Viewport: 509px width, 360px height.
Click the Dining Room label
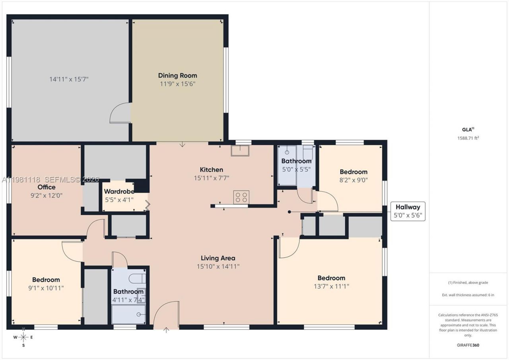[x=177, y=76]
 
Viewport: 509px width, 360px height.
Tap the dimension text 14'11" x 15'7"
[x=69, y=79]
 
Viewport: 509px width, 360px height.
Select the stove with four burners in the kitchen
[x=241, y=197]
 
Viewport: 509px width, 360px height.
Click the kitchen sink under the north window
[x=240, y=151]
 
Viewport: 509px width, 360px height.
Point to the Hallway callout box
[x=408, y=211]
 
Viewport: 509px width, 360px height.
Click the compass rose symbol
[x=23, y=337]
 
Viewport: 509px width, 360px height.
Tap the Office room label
[x=47, y=187]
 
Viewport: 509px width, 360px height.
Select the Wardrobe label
[x=119, y=191]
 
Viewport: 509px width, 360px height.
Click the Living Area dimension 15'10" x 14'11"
[x=218, y=266]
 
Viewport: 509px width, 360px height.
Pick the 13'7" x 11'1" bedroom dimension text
[x=331, y=286]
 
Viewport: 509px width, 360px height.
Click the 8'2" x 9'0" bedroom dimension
[x=353, y=179]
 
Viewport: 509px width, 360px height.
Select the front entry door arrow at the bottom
[x=166, y=329]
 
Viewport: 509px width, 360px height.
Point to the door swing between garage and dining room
[x=120, y=113]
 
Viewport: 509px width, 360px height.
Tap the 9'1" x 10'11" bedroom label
[x=46, y=288]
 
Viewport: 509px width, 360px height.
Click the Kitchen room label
[x=211, y=170]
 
